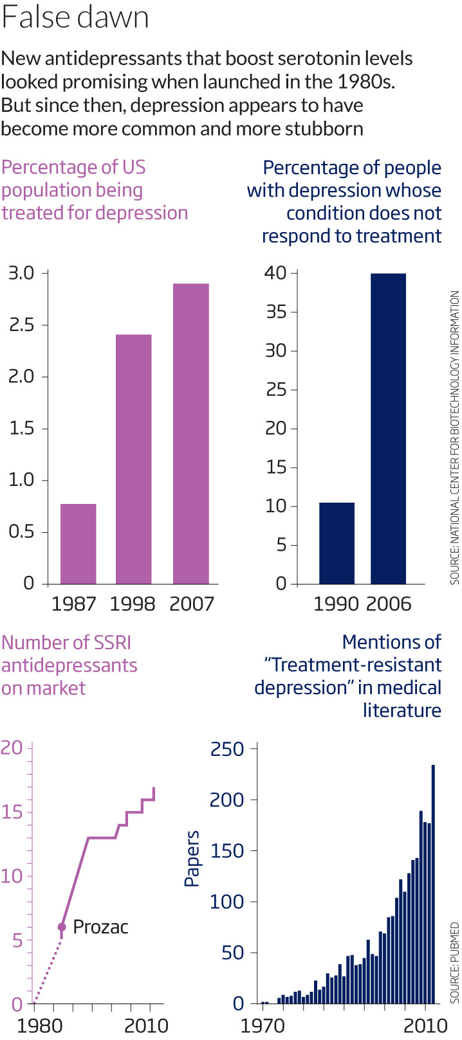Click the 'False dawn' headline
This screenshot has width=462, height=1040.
(x=75, y=18)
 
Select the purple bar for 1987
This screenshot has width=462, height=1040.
(x=78, y=543)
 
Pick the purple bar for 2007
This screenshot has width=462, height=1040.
(x=190, y=433)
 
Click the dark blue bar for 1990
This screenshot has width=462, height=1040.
(x=337, y=542)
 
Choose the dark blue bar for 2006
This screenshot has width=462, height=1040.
(x=388, y=428)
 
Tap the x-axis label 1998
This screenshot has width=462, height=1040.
(x=133, y=604)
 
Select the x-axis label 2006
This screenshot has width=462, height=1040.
(x=389, y=604)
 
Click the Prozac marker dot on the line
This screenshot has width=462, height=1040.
(x=62, y=927)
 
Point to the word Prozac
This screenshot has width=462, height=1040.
(x=100, y=927)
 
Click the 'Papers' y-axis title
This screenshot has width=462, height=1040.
(x=192, y=859)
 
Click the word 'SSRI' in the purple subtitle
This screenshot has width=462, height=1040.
(x=109, y=642)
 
